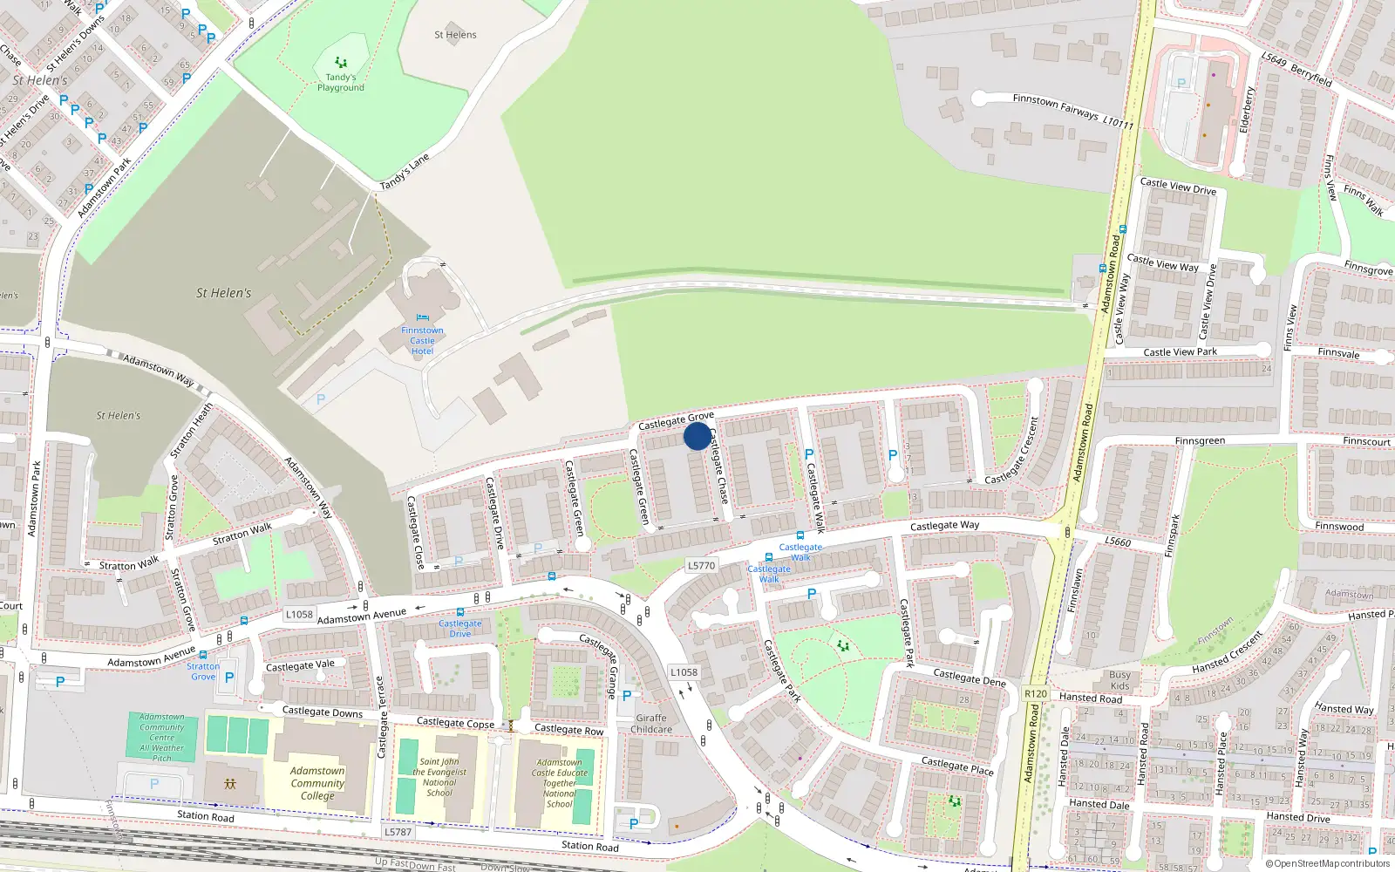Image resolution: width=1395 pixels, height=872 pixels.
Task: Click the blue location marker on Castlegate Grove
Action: tap(697, 436)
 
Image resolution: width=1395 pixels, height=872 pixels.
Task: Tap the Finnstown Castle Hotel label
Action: tap(422, 341)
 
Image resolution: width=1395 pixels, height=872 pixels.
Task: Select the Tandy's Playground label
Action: tap(341, 83)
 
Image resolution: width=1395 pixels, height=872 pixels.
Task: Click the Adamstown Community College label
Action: tap(317, 783)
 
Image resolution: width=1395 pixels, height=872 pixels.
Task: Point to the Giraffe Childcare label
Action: tap(651, 724)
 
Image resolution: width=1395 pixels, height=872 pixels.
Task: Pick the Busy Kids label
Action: tap(1119, 680)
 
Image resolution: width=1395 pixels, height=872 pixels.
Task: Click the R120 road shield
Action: tap(1036, 694)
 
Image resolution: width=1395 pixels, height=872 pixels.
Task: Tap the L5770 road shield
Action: tap(701, 565)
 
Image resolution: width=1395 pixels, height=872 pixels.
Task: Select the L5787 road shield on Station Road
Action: tap(398, 832)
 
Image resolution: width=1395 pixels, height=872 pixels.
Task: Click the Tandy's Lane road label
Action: tap(405, 172)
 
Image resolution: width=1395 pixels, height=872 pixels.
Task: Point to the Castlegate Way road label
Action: tap(944, 526)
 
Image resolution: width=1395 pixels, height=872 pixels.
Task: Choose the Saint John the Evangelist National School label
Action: tap(439, 777)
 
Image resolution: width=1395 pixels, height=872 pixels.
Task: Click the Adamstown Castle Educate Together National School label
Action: tap(560, 783)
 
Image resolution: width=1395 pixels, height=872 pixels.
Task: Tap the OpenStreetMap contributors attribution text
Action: tap(1328, 863)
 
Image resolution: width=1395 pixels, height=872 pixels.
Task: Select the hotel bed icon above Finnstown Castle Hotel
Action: tap(423, 318)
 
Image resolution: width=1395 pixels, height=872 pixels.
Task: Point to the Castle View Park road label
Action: tap(1180, 352)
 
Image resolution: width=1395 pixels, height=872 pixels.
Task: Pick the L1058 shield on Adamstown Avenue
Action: tap(299, 615)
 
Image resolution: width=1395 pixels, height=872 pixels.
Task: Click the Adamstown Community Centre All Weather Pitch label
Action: tap(162, 738)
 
